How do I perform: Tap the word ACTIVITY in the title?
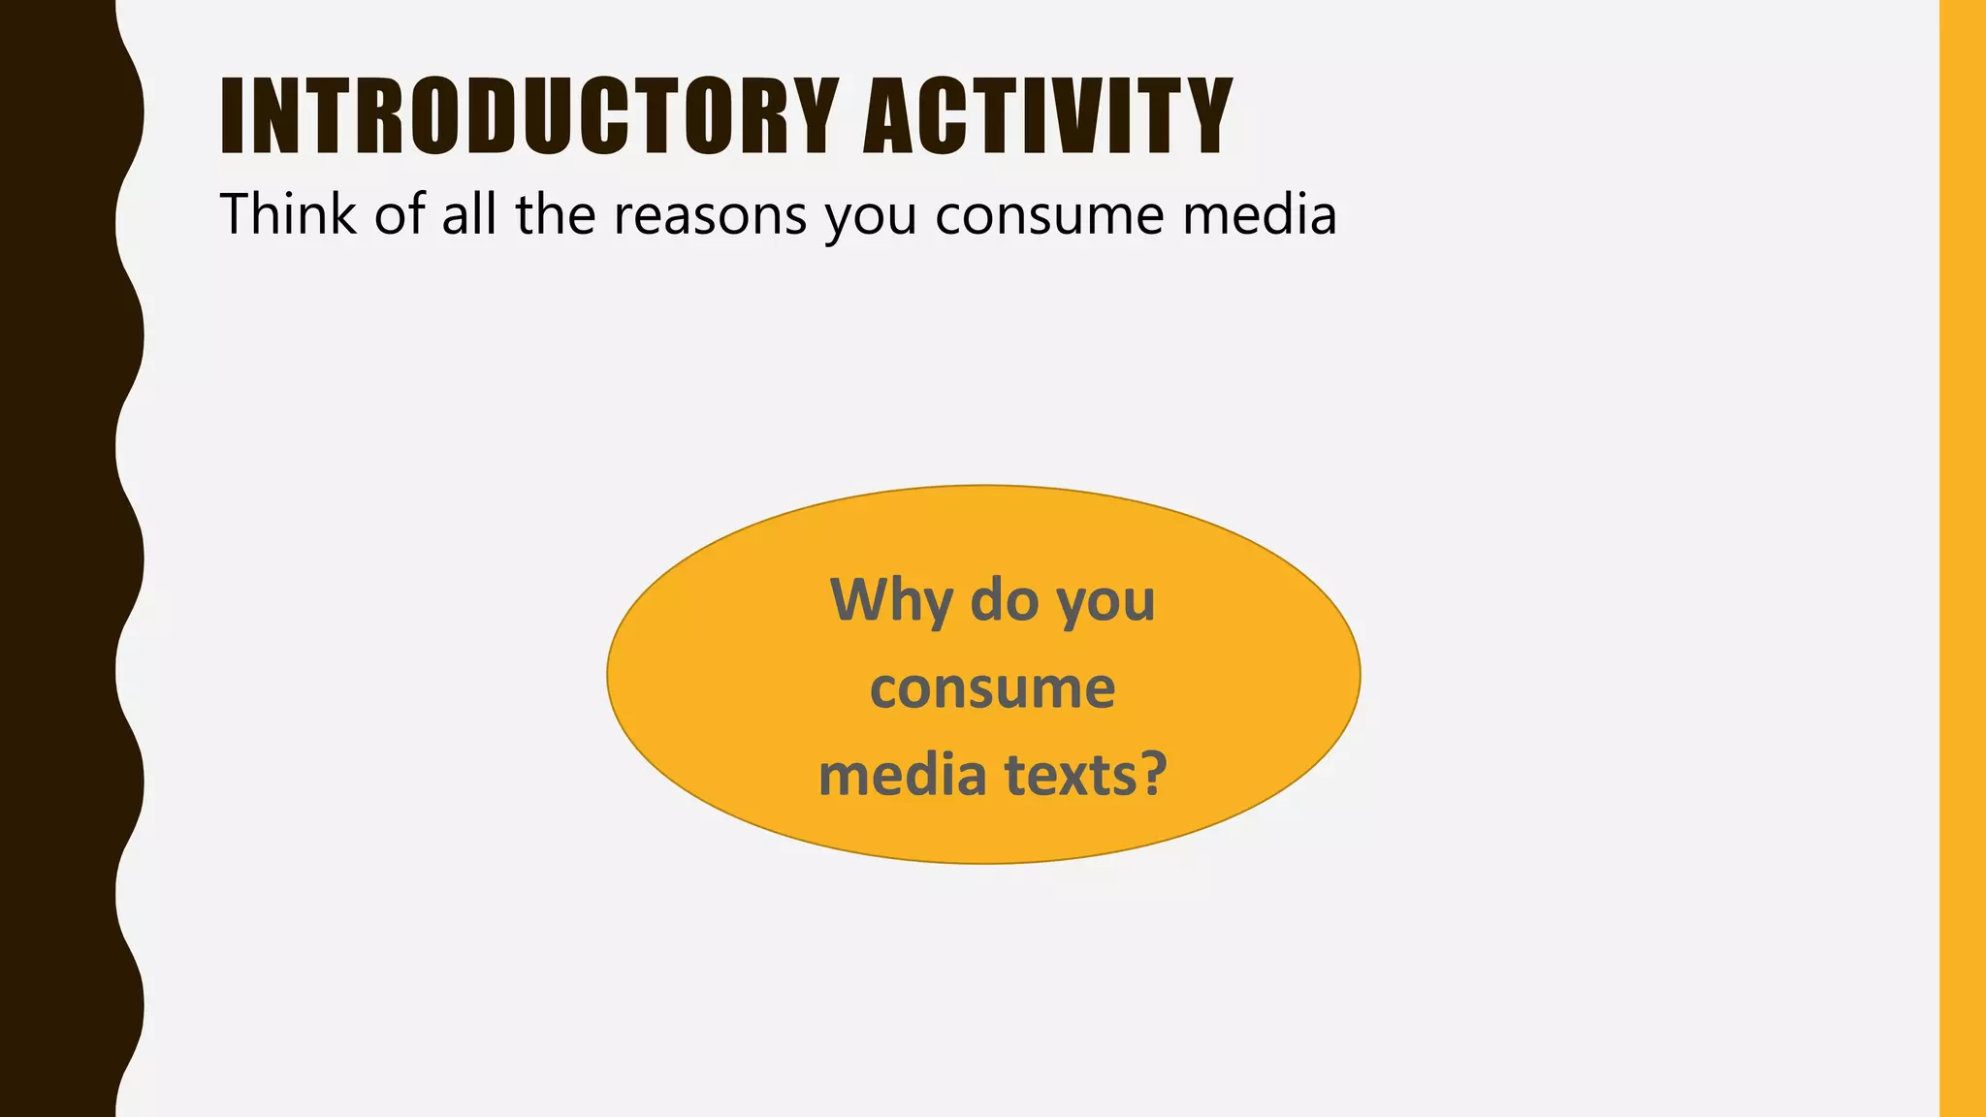tap(1047, 116)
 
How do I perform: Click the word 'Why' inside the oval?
tap(891, 600)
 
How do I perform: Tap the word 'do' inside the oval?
tap(1005, 600)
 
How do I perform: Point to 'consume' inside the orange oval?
tap(992, 689)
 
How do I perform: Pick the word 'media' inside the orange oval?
tap(902, 776)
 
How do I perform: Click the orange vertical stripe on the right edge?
tap(1963, 558)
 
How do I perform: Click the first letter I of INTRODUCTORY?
tap(232, 116)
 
